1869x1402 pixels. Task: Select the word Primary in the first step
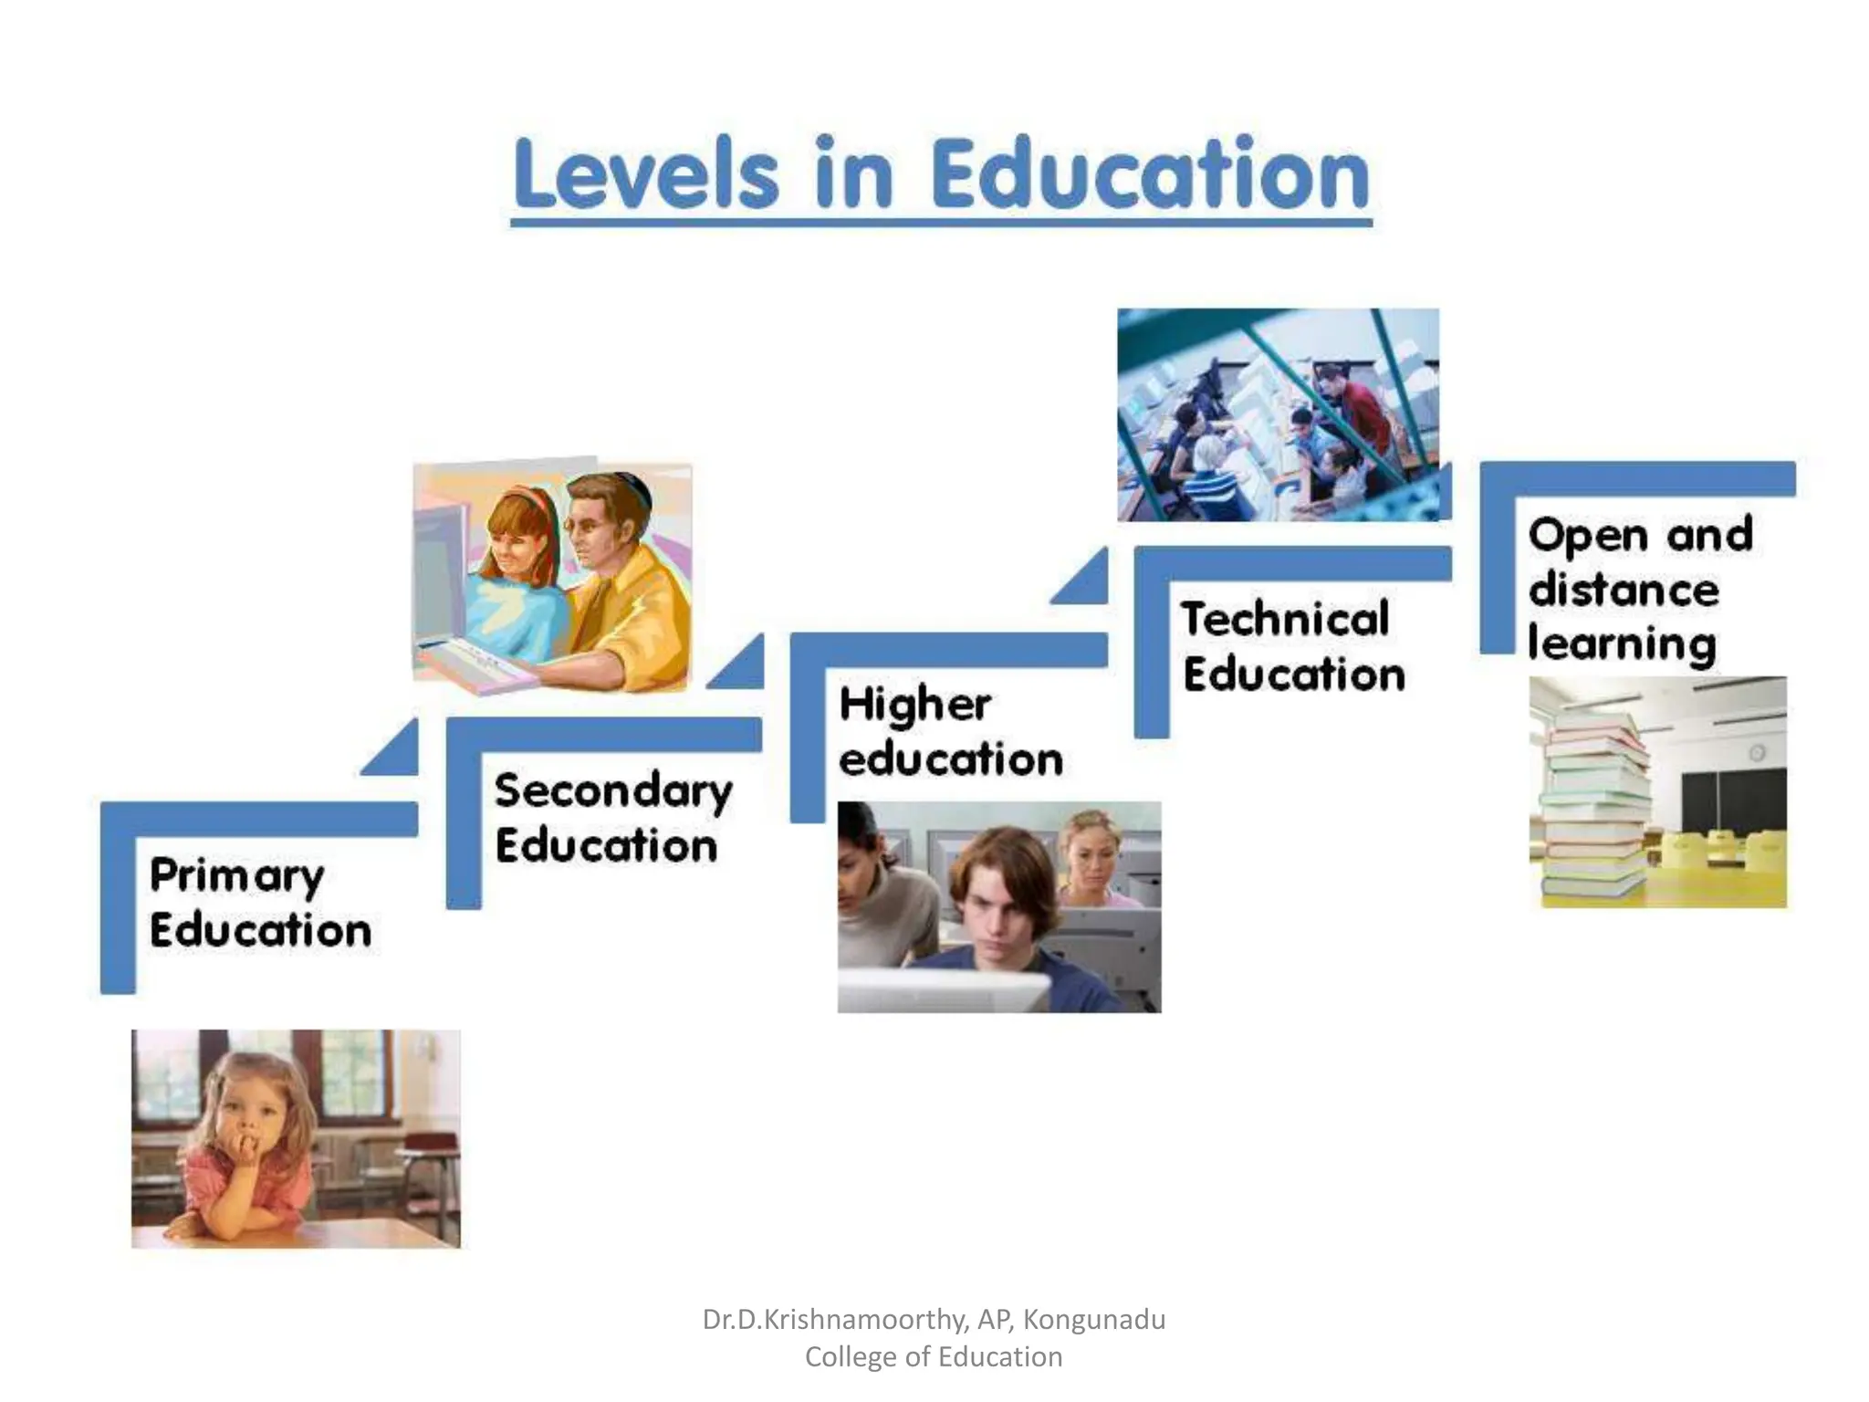[x=236, y=875]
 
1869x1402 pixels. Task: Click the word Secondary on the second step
[x=613, y=790]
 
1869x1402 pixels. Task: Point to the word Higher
[x=914, y=705]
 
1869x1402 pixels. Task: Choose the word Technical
[x=1285, y=619]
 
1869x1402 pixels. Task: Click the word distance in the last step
[x=1624, y=589]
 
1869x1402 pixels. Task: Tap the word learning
[x=1622, y=643]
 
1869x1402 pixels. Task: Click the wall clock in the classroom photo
[x=1756, y=752]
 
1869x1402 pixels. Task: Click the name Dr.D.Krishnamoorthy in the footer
[x=835, y=1319]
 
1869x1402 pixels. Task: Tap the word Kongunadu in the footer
[x=1094, y=1319]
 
